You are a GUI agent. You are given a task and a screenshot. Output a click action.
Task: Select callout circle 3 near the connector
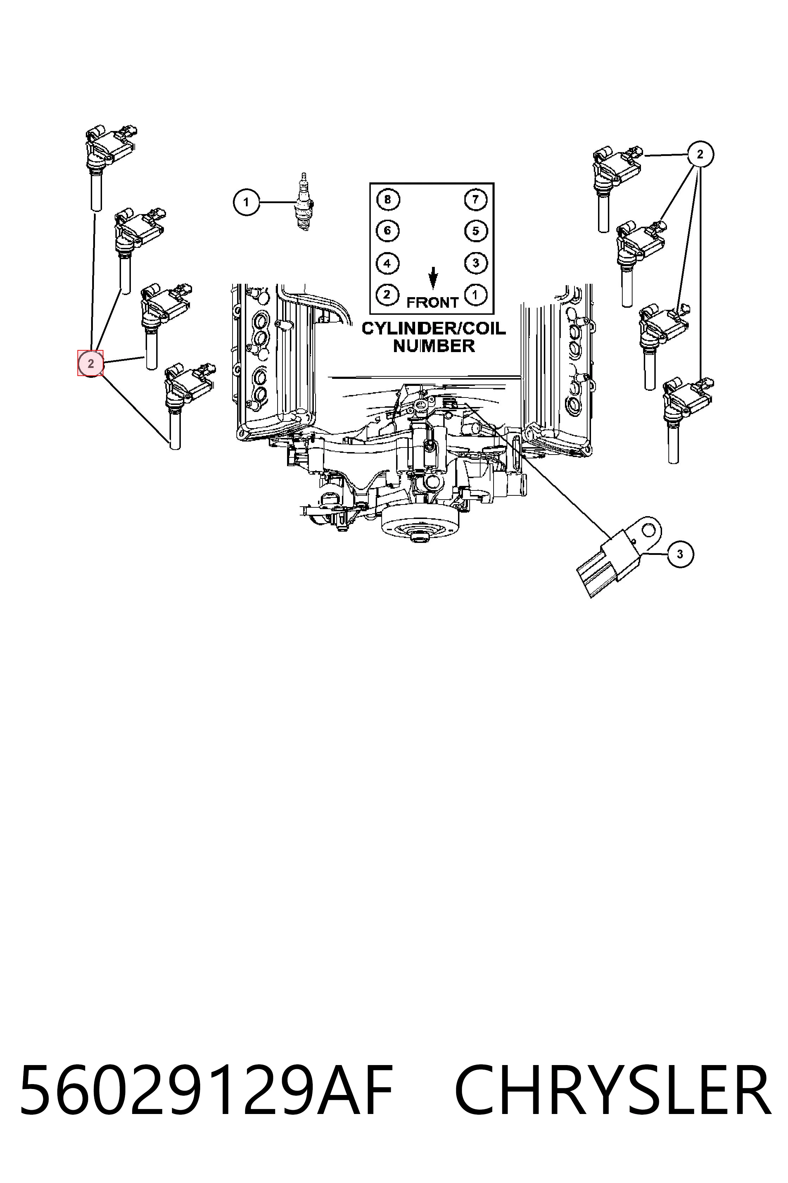tap(680, 554)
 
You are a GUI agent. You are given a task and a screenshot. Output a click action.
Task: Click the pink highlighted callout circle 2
tap(90, 363)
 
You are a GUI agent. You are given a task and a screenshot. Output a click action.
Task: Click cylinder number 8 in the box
tap(387, 200)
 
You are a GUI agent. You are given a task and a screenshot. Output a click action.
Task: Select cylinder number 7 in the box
tap(475, 200)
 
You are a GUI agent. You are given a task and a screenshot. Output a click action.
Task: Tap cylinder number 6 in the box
tap(387, 231)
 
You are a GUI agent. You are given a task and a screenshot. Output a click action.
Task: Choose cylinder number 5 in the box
tap(475, 231)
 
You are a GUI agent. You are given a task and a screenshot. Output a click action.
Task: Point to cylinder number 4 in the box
tap(387, 263)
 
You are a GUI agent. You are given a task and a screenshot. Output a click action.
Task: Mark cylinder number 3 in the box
tap(475, 263)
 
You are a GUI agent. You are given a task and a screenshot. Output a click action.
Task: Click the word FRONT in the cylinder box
tap(432, 303)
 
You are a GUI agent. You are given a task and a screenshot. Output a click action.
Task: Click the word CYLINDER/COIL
tap(434, 328)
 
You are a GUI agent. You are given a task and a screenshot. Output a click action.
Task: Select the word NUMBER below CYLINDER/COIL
tap(434, 346)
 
